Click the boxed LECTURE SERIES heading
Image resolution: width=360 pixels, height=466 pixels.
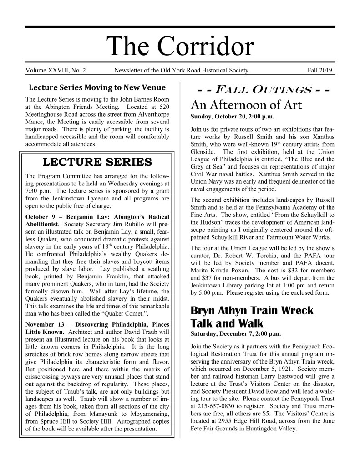(96, 162)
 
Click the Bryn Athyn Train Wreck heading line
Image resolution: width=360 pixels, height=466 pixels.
(251, 311)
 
